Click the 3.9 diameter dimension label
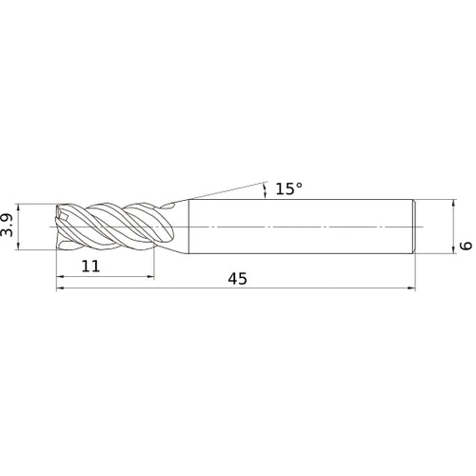7,226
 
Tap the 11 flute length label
90,266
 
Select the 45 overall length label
237,279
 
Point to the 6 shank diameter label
466,246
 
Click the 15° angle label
288,188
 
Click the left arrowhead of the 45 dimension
60,288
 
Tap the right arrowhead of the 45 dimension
411,288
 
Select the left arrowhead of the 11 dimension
60,277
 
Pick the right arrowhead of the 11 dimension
150,277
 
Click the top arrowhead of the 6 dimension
454,203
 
